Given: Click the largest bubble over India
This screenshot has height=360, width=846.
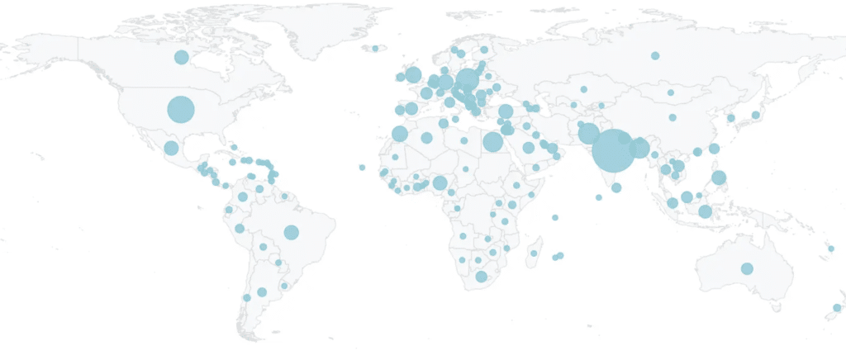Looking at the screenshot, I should [x=614, y=150].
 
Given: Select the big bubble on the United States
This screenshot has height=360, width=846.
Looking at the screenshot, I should [x=181, y=109].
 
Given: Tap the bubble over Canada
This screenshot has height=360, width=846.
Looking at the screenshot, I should [x=181, y=57].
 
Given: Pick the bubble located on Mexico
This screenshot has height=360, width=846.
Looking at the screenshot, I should [x=171, y=148].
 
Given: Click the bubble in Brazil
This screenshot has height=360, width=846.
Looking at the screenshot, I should [x=291, y=232].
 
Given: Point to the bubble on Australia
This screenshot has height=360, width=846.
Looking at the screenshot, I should [x=747, y=268].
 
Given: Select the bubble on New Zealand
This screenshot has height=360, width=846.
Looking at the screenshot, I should [x=837, y=308].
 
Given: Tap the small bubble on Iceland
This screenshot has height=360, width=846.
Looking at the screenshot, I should [x=375, y=48].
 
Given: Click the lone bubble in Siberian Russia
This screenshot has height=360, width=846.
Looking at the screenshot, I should [x=654, y=55].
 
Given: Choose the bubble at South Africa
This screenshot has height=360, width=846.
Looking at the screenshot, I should [x=482, y=277].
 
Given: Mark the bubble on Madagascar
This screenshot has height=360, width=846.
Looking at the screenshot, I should [x=535, y=253].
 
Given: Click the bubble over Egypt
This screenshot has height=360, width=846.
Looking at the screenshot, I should [x=492, y=142].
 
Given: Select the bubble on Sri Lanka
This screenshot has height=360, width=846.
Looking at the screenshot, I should [x=616, y=187].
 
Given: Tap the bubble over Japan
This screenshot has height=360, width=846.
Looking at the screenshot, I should [x=755, y=114].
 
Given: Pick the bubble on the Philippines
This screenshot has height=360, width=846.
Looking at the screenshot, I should [x=719, y=178].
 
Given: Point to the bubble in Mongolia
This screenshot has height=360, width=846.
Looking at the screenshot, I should [x=671, y=92].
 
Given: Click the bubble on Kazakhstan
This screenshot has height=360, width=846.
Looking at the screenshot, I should [x=583, y=89].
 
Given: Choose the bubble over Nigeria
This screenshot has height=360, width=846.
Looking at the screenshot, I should [x=440, y=183].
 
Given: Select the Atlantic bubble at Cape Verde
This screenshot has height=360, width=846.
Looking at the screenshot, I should [x=362, y=168].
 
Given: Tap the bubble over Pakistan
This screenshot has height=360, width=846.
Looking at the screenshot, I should [x=588, y=134].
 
